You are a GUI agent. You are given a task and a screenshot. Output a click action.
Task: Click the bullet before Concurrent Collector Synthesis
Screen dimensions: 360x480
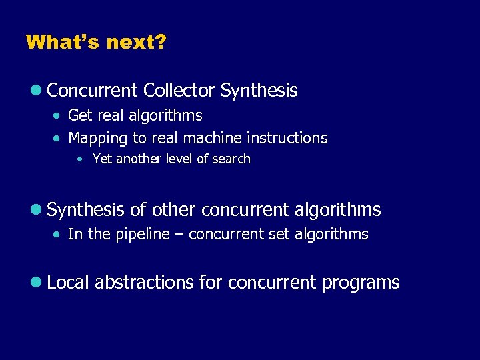[39, 91]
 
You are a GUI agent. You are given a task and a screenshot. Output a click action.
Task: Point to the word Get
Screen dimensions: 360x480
[80, 116]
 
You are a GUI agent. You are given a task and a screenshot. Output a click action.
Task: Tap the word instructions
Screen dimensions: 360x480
[287, 138]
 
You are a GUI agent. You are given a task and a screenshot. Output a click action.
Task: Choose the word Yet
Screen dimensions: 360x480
[102, 159]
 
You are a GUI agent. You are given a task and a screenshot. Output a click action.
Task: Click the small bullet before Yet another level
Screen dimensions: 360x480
[80, 159]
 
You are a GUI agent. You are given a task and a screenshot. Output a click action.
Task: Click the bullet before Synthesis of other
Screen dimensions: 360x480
[39, 211]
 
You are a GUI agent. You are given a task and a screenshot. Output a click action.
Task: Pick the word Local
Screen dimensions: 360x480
[69, 282]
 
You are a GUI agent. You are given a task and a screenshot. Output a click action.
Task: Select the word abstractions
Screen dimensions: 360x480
[144, 282]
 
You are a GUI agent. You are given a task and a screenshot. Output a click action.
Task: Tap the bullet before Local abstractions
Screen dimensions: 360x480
[39, 283]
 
